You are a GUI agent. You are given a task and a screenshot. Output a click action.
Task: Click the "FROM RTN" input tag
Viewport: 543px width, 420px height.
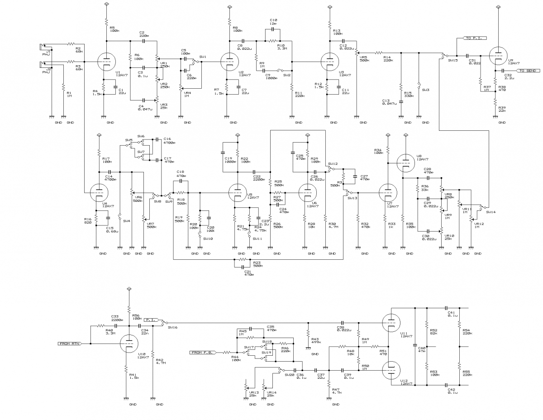coord(70,344)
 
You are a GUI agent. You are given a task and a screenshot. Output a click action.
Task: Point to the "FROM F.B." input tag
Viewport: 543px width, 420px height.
coord(202,352)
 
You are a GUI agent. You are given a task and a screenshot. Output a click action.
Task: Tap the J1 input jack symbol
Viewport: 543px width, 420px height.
coord(44,46)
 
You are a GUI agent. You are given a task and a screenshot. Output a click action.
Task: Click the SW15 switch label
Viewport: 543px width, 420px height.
coord(453,60)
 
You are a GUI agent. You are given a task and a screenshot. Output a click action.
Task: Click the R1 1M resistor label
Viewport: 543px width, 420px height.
coord(69,94)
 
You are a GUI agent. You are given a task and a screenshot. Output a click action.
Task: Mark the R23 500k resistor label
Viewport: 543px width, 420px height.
coord(257,264)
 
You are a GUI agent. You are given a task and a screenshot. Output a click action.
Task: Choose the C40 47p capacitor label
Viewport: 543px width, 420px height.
coord(421,349)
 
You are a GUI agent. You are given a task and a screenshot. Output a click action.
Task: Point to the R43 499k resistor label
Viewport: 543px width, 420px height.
coord(315,340)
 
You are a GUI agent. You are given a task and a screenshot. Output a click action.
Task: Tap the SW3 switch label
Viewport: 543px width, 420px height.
coord(425,90)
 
